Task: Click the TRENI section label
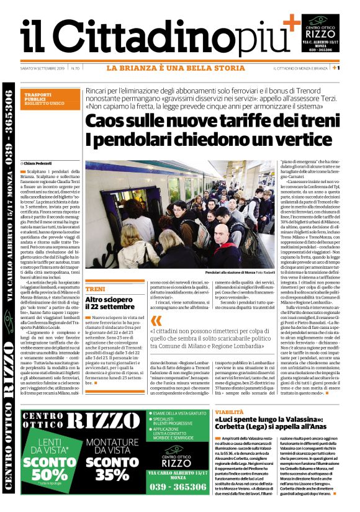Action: coord(96,289)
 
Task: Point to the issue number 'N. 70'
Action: coord(76,68)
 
